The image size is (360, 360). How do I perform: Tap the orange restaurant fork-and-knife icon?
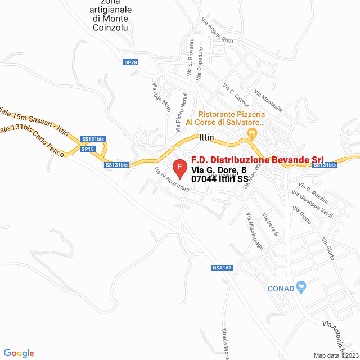(x=251, y=134)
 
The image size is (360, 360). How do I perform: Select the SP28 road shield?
(x=130, y=62)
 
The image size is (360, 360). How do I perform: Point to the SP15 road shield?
(x=88, y=149)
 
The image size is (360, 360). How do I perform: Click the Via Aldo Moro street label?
(x=161, y=97)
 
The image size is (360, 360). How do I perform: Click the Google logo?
(x=19, y=353)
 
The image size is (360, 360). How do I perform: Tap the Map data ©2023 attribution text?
(x=336, y=355)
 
